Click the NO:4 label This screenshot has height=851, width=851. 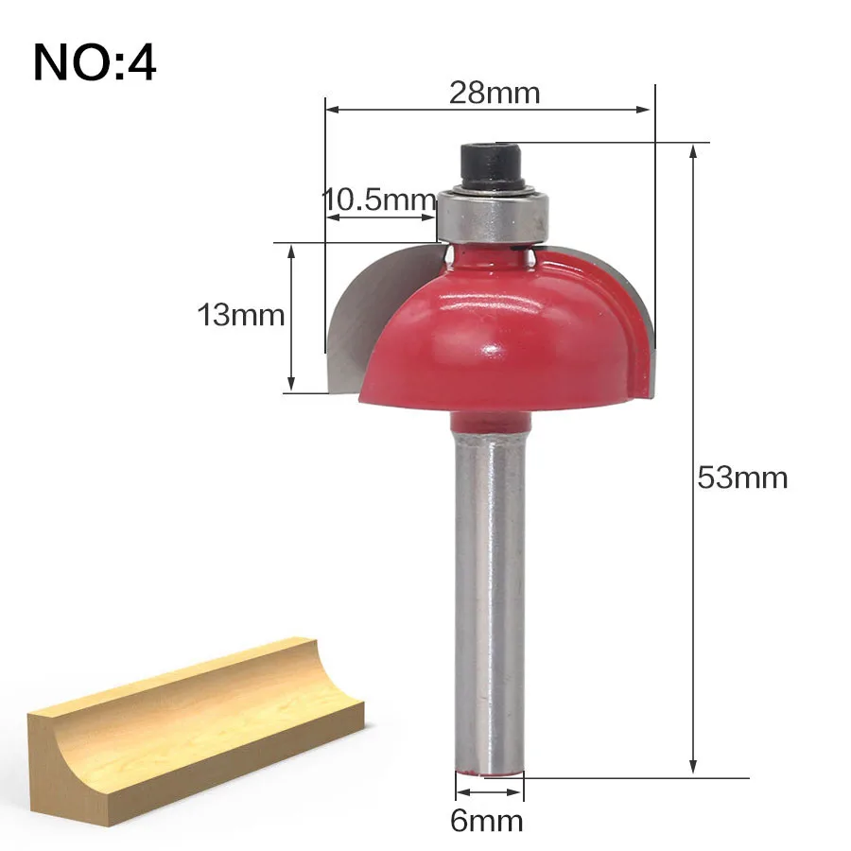tap(95, 63)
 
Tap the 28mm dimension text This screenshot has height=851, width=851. tap(495, 93)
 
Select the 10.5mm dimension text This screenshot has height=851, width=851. tap(379, 200)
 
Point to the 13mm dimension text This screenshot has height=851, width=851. tap(240, 315)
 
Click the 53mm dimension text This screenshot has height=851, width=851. tap(742, 478)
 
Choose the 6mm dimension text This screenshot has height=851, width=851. tap(487, 821)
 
